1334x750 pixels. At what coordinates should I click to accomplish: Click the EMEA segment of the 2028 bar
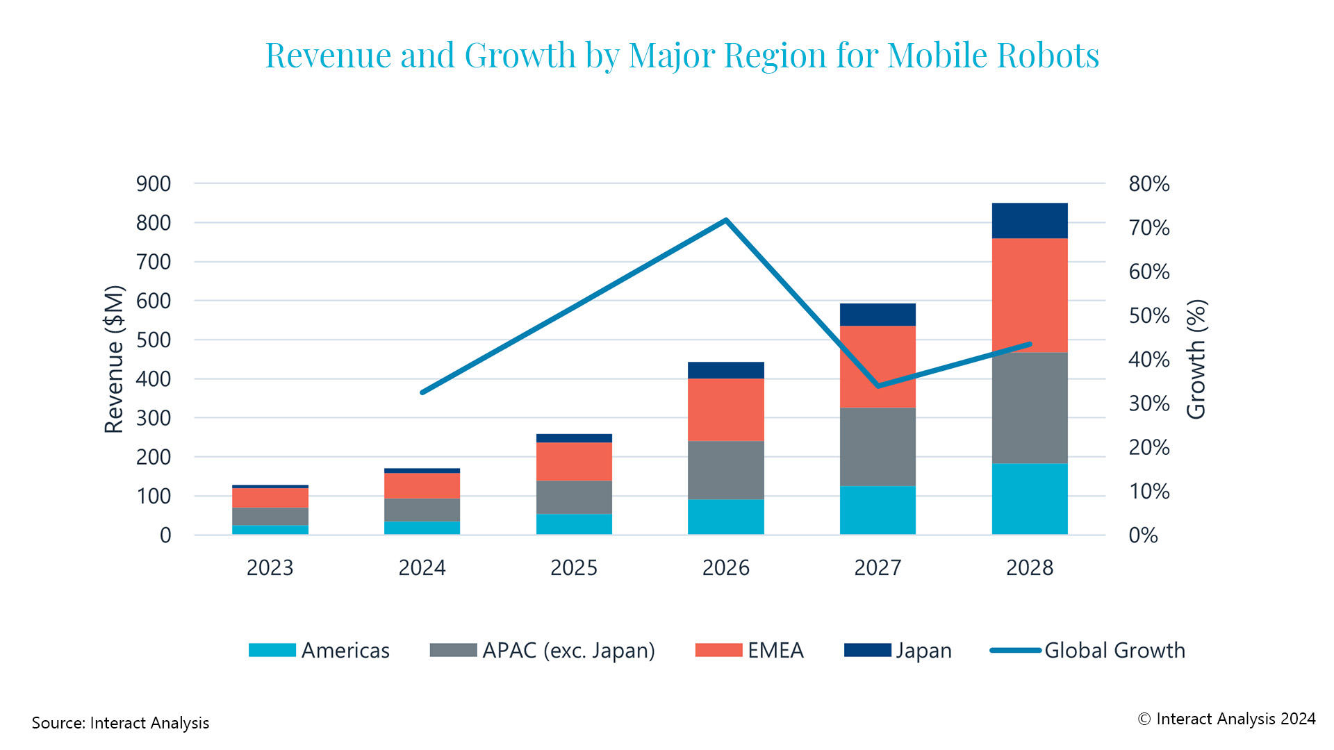[1030, 295]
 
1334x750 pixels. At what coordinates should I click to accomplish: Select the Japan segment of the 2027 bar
[878, 315]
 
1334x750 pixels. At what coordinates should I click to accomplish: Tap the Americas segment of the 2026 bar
[726, 517]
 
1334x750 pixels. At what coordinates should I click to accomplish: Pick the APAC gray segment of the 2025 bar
[574, 497]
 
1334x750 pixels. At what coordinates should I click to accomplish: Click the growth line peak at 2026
[726, 221]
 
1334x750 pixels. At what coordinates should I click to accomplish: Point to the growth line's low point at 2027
[878, 385]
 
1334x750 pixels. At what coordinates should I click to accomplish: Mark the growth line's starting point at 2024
[422, 392]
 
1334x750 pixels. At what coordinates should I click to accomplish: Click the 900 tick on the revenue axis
[154, 184]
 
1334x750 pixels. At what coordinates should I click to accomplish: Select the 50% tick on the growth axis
[1149, 315]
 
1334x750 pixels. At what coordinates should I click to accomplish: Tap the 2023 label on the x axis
[270, 568]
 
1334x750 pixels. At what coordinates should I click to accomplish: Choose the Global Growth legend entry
[1114, 651]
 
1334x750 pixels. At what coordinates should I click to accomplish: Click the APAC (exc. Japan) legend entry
[568, 651]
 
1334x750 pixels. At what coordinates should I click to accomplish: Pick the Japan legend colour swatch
[867, 650]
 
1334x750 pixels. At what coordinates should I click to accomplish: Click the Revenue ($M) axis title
[114, 359]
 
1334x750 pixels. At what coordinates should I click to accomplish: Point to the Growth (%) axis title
[1196, 359]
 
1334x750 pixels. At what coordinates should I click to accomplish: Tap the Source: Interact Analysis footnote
[120, 723]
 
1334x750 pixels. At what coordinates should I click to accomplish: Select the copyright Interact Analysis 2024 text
[1227, 719]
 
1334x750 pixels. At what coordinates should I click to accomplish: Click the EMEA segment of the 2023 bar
[270, 498]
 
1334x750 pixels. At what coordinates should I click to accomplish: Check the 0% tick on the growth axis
[1143, 535]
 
